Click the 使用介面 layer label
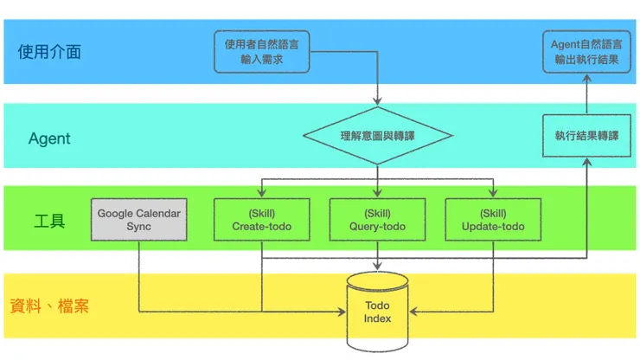(x=49, y=52)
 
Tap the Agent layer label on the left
(x=49, y=138)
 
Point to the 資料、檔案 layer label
(x=49, y=306)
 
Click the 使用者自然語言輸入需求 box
(x=262, y=52)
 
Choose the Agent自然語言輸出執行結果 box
(x=586, y=52)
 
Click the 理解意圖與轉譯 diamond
(x=378, y=136)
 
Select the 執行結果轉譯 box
(x=586, y=136)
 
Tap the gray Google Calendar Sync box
(x=139, y=220)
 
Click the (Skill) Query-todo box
(x=377, y=220)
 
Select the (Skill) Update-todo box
(x=493, y=220)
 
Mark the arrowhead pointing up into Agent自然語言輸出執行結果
(x=586, y=78)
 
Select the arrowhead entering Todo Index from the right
(x=414, y=311)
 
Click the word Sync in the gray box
(x=139, y=227)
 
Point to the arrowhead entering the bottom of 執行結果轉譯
(x=586, y=162)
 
